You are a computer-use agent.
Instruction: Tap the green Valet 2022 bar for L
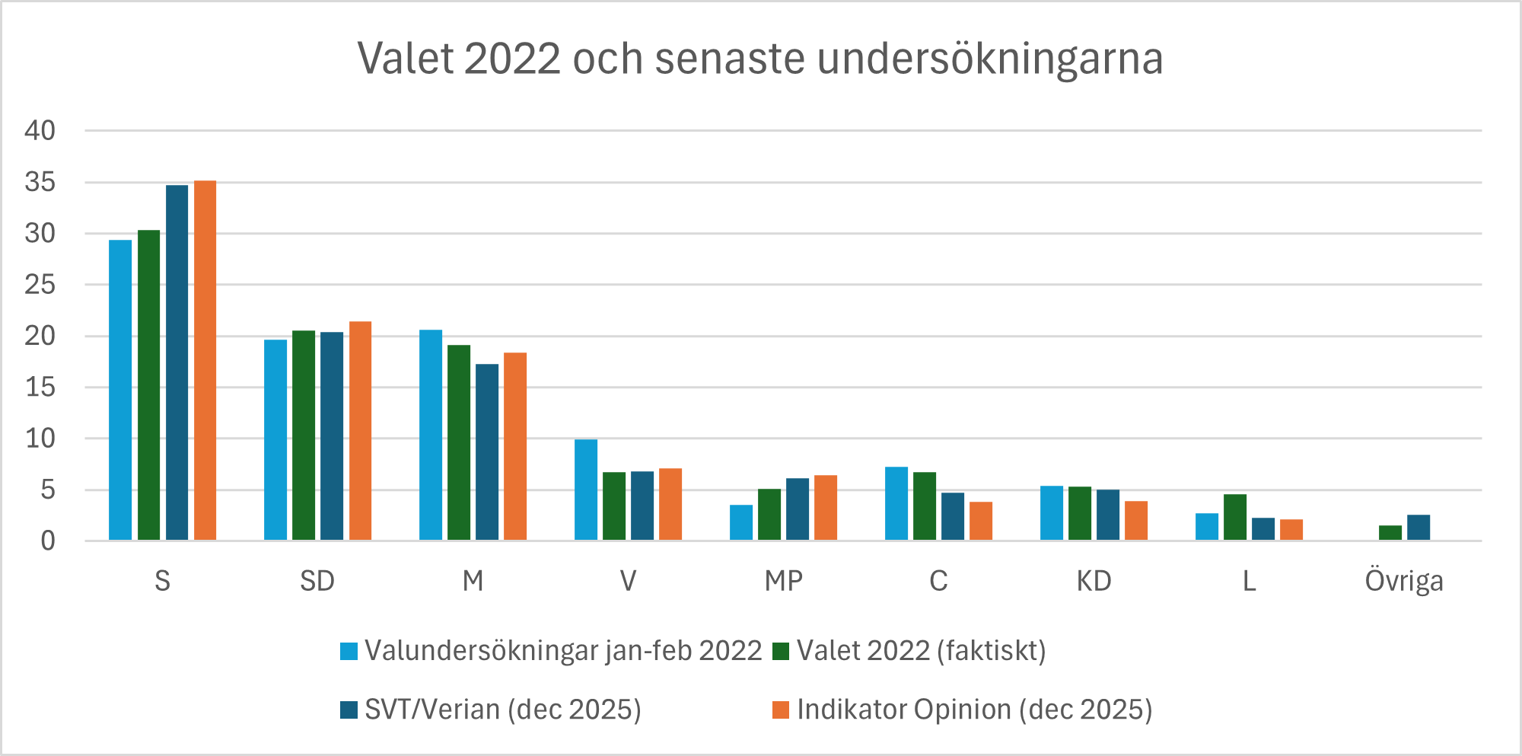1234,517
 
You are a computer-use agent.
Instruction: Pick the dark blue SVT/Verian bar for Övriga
1418,528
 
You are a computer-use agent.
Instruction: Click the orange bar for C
980,521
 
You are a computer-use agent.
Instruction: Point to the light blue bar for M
430,435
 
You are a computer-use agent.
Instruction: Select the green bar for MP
769,515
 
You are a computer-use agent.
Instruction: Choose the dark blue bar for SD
332,436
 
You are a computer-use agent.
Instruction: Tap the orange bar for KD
1135,521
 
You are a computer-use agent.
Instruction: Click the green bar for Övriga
1390,533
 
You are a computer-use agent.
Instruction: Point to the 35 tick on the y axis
40,182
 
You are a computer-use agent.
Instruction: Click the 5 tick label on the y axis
47,490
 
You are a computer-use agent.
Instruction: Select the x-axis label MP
783,582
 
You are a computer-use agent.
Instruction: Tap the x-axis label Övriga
1403,582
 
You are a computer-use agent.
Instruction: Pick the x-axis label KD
1094,582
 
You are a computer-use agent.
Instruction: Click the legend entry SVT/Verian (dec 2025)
502,710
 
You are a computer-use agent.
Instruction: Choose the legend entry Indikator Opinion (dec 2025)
974,710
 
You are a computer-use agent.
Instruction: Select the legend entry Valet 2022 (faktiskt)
921,651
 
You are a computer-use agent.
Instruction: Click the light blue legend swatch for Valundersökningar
349,652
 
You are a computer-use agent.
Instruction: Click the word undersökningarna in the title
989,59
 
